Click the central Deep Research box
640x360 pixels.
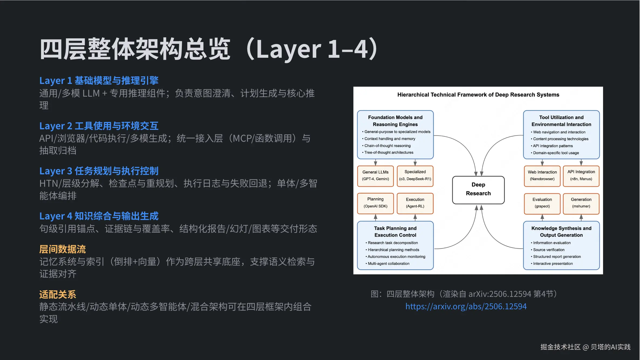tap(478, 190)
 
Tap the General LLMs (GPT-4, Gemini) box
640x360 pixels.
tap(375, 176)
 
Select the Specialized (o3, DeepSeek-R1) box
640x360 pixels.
tap(415, 176)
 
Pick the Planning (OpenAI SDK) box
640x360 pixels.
tap(375, 203)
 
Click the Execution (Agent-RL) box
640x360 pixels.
tap(415, 203)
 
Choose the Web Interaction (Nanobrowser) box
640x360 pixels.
tap(542, 176)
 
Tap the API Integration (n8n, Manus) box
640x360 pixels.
tap(581, 176)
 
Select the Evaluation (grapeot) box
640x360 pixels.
tap(542, 203)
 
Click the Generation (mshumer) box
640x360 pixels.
tap(581, 203)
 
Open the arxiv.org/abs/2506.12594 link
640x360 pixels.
tap(466, 307)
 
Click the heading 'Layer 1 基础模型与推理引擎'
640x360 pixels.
tap(99, 80)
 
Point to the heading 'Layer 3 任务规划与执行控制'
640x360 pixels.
tap(99, 171)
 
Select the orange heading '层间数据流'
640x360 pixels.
tap(62, 249)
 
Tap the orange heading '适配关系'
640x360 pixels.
tap(57, 294)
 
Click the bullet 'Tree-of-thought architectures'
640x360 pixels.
tap(389, 152)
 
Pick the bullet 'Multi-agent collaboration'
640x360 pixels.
tap(388, 264)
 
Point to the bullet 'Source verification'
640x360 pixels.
tap(549, 250)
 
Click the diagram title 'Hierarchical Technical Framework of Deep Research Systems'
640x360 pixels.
tap(478, 95)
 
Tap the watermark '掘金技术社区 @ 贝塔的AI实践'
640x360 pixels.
tap(585, 347)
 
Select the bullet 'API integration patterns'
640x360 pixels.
tap(553, 146)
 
